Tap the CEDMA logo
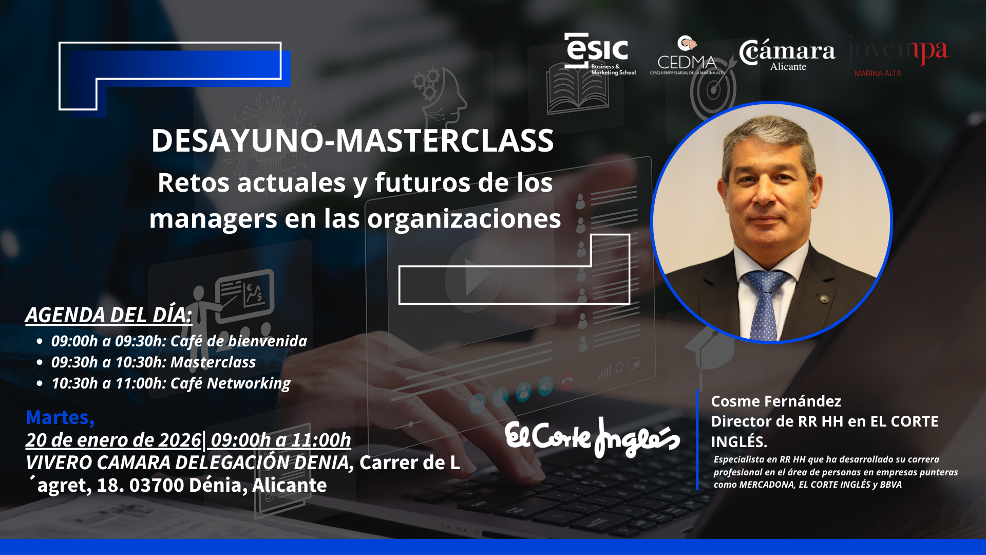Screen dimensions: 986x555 687,55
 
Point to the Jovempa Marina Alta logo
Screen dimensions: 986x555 898,57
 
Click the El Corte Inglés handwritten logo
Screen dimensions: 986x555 592,438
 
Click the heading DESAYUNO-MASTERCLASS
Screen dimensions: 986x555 352,140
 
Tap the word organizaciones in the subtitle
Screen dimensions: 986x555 464,219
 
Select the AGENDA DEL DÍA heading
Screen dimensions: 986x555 108,315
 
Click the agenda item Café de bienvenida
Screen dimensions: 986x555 179,341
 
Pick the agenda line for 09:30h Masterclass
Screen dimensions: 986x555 153,362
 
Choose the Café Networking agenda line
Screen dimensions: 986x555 171,383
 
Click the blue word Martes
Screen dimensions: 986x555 60,418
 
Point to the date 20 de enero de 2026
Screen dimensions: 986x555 113,440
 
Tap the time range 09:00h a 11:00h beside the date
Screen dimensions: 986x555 281,440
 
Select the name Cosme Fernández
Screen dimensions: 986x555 776,401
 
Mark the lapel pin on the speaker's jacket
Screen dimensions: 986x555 824,299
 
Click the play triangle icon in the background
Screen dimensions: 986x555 477,277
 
